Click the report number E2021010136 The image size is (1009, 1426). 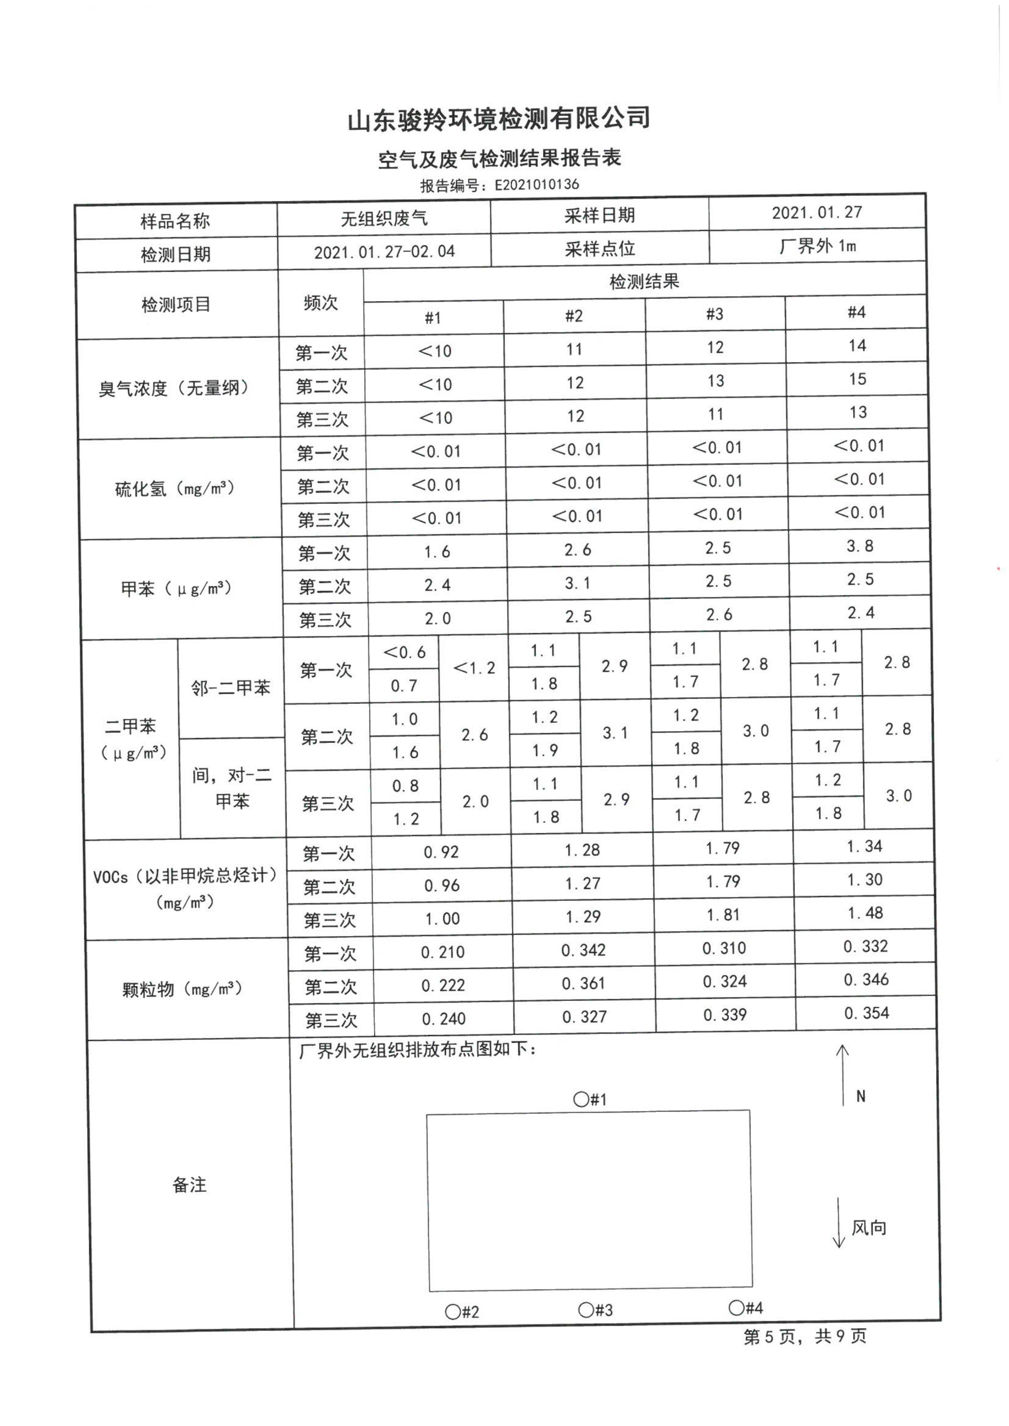tap(536, 185)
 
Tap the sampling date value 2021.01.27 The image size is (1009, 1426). tap(817, 212)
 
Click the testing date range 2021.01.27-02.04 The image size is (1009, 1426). tap(384, 252)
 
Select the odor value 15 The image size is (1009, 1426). tap(857, 379)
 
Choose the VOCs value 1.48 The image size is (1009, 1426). tap(865, 913)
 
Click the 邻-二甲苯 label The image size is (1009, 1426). tap(231, 688)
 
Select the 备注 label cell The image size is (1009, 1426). tap(190, 1185)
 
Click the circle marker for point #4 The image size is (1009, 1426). tap(736, 1307)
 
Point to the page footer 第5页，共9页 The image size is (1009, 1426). tap(805, 1336)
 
